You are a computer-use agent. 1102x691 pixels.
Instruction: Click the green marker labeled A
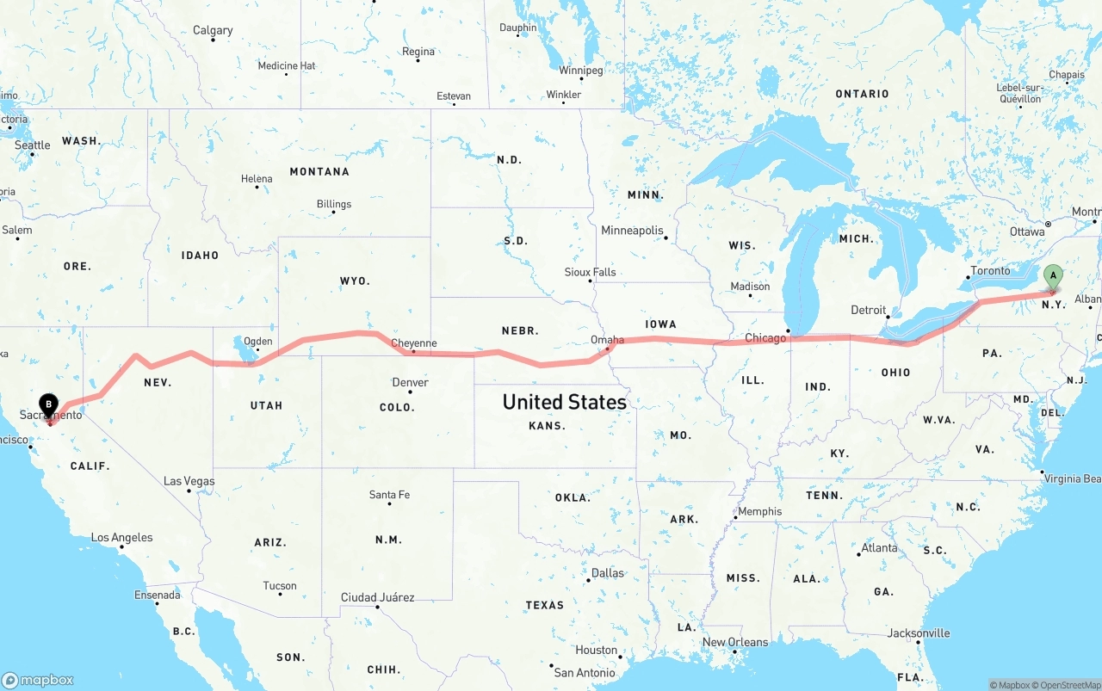click(x=1052, y=277)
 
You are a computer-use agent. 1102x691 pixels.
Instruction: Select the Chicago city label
click(x=765, y=338)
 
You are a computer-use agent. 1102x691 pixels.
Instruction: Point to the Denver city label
click(x=410, y=382)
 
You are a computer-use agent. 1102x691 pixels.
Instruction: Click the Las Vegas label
click(x=189, y=481)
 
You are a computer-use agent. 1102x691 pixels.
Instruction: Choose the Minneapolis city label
click(x=632, y=231)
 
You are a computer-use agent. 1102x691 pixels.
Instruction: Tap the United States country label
click(x=564, y=402)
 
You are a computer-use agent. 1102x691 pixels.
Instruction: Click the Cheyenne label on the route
click(x=414, y=343)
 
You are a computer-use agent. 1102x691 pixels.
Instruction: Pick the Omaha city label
click(x=607, y=340)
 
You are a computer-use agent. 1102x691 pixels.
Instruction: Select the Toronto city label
click(x=990, y=271)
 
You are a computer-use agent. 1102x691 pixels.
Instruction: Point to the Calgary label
click(x=213, y=30)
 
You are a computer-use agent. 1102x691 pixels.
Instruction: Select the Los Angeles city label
click(x=122, y=538)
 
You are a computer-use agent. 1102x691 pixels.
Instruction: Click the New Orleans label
click(x=735, y=642)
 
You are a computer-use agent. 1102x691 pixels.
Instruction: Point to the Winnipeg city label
click(x=581, y=70)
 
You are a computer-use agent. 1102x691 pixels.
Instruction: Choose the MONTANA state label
click(x=319, y=172)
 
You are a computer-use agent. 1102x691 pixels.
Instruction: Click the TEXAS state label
click(x=544, y=605)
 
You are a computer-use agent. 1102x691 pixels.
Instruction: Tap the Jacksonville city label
click(x=919, y=633)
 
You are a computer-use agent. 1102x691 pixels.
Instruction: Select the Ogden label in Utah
click(x=257, y=342)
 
